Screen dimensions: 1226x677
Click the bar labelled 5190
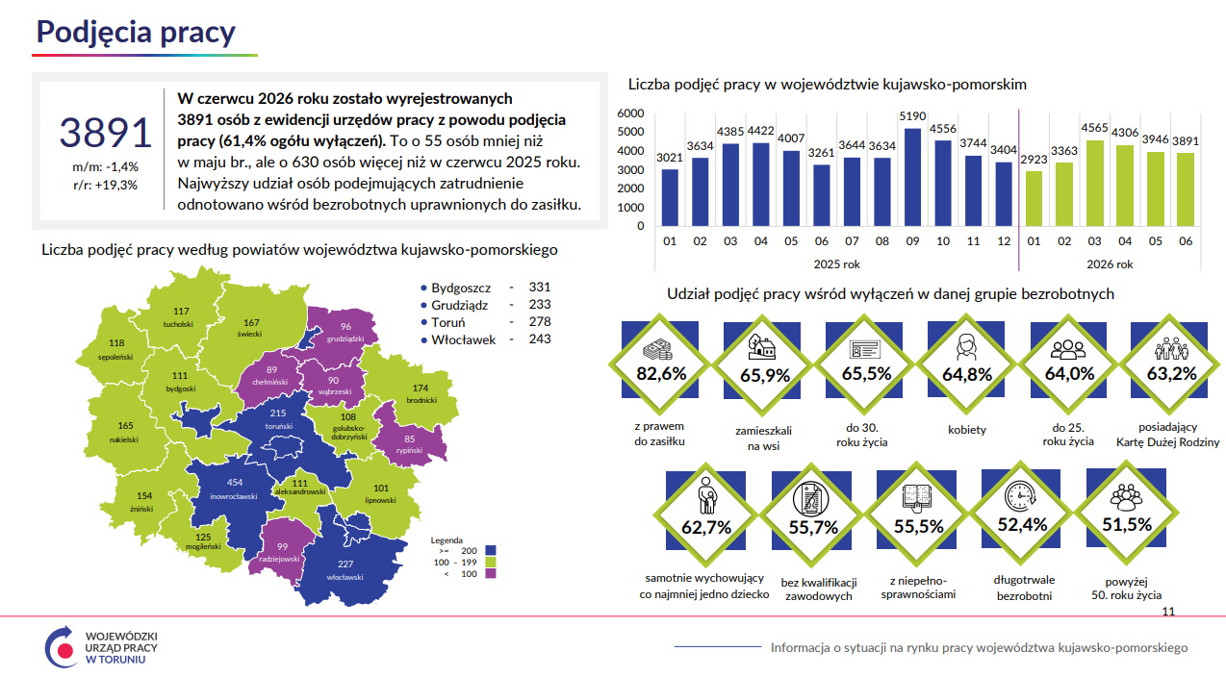pyautogui.click(x=912, y=177)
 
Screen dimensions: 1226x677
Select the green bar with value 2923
pyautogui.click(x=1034, y=198)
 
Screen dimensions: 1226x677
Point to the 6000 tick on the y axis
pyautogui.click(x=630, y=113)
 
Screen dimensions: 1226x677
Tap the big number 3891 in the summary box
pyautogui.click(x=105, y=133)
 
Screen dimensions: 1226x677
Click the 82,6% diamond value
pyautogui.click(x=661, y=373)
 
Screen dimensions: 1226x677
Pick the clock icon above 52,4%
pyautogui.click(x=1020, y=496)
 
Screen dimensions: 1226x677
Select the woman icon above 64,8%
pyautogui.click(x=966, y=347)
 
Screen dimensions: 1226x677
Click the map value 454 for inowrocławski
pyautogui.click(x=235, y=483)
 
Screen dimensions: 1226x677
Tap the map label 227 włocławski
pyautogui.click(x=345, y=570)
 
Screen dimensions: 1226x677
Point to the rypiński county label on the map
pyautogui.click(x=409, y=451)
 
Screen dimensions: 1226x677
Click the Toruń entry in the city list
pyautogui.click(x=447, y=322)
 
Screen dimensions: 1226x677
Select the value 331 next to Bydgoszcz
pyautogui.click(x=540, y=288)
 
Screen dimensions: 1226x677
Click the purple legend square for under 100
pyautogui.click(x=491, y=574)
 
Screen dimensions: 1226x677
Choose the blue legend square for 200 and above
pyautogui.click(x=491, y=550)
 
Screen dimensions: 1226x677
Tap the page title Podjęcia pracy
pyautogui.click(x=136, y=33)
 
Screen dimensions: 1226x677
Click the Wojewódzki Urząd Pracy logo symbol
pyautogui.click(x=62, y=647)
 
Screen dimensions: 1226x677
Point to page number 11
pyautogui.click(x=1168, y=612)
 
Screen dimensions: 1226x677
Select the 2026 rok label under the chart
pyautogui.click(x=1110, y=264)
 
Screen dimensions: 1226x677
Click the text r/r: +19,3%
pyautogui.click(x=105, y=185)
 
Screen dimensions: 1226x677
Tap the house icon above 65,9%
pyautogui.click(x=762, y=347)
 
